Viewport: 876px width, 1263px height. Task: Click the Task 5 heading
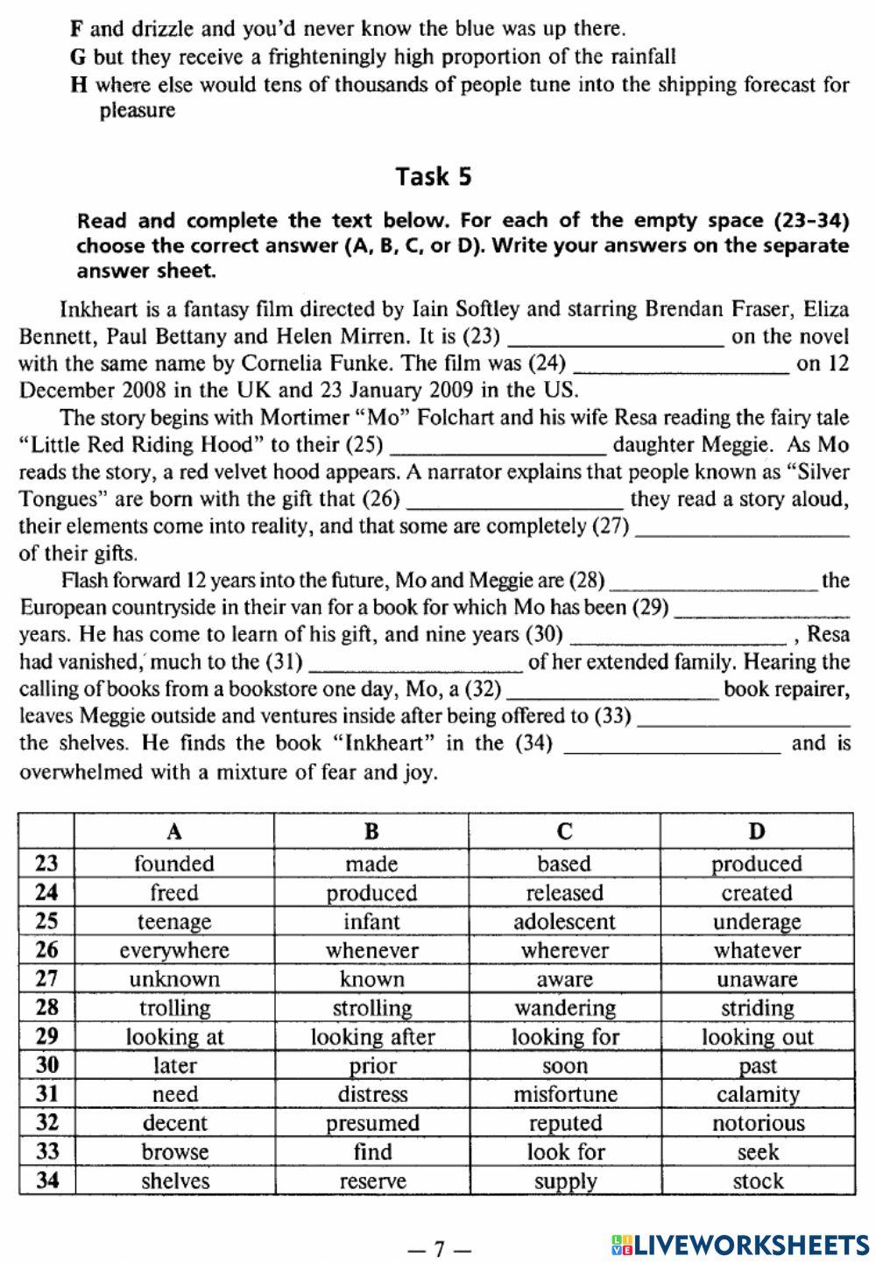click(434, 176)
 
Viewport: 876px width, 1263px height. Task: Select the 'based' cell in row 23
click(565, 864)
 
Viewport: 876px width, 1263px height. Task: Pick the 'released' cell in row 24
click(565, 893)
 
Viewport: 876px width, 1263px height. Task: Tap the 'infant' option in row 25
click(371, 921)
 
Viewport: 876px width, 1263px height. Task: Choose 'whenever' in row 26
click(371, 950)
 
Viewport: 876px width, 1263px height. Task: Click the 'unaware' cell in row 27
click(757, 979)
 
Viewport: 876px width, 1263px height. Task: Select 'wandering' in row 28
click(565, 1008)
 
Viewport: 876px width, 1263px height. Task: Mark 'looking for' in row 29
click(565, 1037)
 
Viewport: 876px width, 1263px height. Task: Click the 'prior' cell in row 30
click(371, 1066)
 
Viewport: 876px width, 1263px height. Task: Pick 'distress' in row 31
click(371, 1094)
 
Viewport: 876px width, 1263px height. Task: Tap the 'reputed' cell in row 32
click(565, 1123)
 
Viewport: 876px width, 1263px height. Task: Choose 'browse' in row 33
click(175, 1152)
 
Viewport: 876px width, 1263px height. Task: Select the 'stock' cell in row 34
click(757, 1181)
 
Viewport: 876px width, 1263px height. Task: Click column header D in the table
click(757, 830)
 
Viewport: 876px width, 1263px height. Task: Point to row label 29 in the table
click(46, 1037)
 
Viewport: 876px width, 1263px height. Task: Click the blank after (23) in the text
click(616, 338)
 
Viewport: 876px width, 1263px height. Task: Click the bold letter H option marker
click(77, 85)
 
